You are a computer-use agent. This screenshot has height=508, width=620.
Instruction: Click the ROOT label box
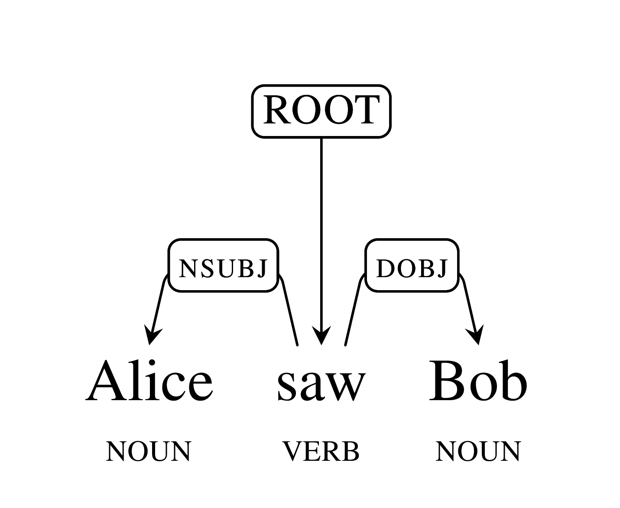[321, 111]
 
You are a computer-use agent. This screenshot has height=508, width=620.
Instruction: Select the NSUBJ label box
[223, 265]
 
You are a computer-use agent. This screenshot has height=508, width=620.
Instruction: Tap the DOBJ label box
[412, 265]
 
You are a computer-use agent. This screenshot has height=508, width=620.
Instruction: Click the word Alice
[149, 380]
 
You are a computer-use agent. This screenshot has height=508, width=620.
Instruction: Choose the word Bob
[478, 381]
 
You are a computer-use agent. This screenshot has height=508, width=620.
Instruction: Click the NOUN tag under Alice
[149, 451]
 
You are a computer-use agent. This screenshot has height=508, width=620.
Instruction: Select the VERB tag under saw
[321, 451]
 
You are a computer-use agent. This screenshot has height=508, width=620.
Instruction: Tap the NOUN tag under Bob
[478, 451]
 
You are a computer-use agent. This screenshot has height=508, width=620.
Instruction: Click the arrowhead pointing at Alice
[152, 334]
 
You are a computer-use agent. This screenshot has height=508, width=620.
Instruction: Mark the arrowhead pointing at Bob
[476, 334]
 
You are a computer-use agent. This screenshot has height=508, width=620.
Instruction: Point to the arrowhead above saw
[321, 335]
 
